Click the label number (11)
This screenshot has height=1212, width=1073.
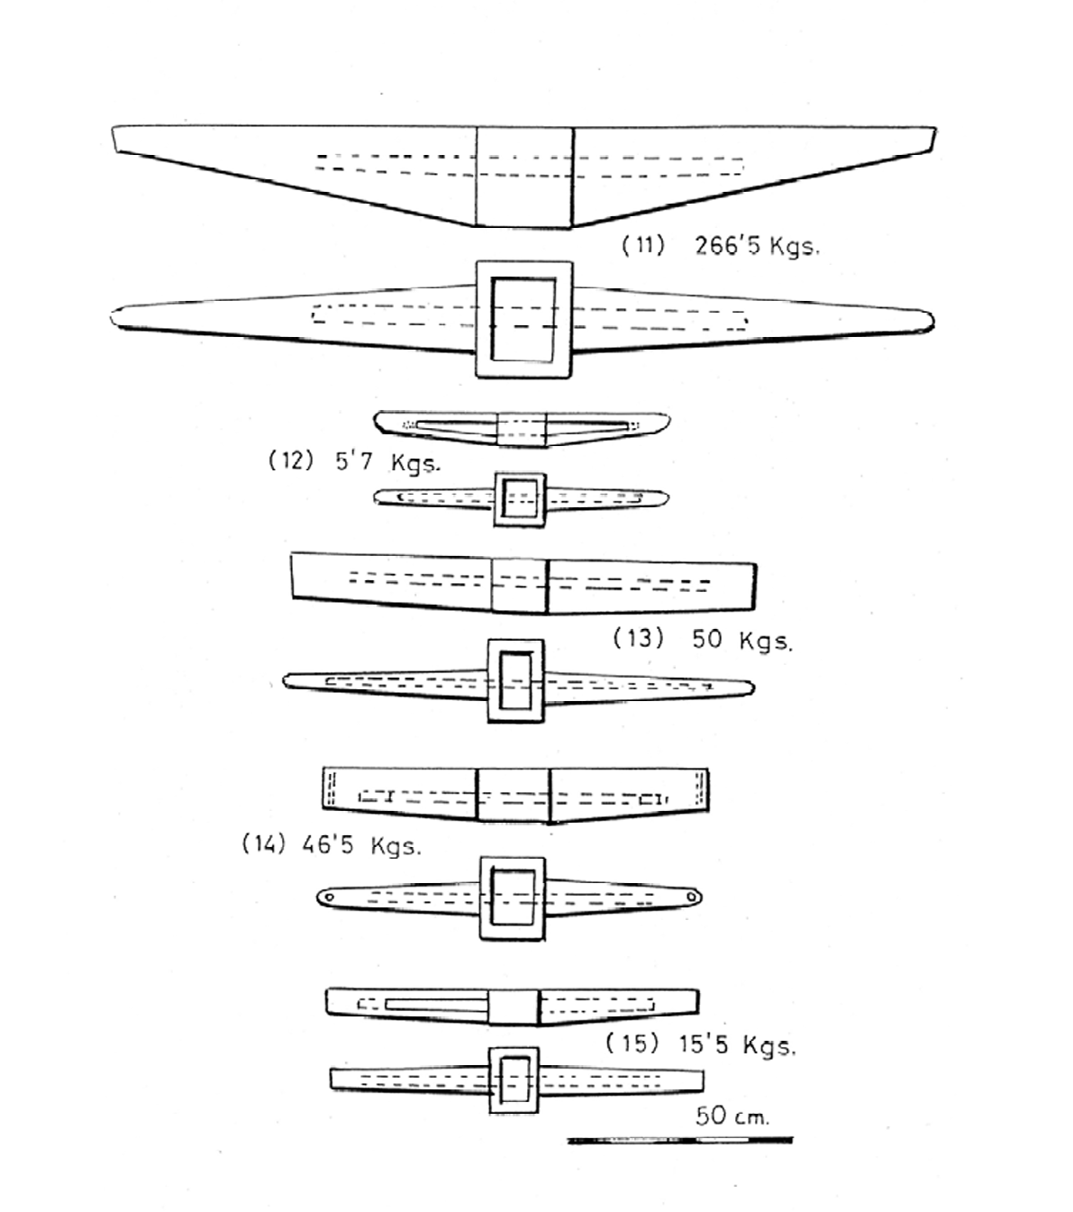click(x=643, y=246)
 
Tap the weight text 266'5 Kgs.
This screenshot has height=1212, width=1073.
click(x=757, y=247)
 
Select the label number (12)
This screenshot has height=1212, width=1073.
click(x=291, y=460)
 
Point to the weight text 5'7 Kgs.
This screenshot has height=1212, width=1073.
click(x=387, y=462)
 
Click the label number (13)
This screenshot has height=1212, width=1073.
click(x=639, y=638)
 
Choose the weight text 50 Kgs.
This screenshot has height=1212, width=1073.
click(x=742, y=640)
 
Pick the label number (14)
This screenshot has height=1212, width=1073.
click(x=264, y=844)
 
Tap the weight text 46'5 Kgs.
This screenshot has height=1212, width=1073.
click(x=362, y=845)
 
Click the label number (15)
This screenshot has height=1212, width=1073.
click(x=632, y=1043)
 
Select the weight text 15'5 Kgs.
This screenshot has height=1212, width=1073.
click(x=738, y=1045)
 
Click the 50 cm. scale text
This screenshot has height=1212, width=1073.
click(x=732, y=1116)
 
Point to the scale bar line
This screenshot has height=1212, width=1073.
click(x=680, y=1141)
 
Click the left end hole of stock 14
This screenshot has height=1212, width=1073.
click(x=328, y=898)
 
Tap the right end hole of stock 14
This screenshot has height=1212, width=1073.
click(x=692, y=896)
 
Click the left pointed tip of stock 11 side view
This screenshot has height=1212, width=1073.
click(x=114, y=128)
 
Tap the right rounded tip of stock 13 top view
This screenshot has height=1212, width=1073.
click(x=753, y=688)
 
